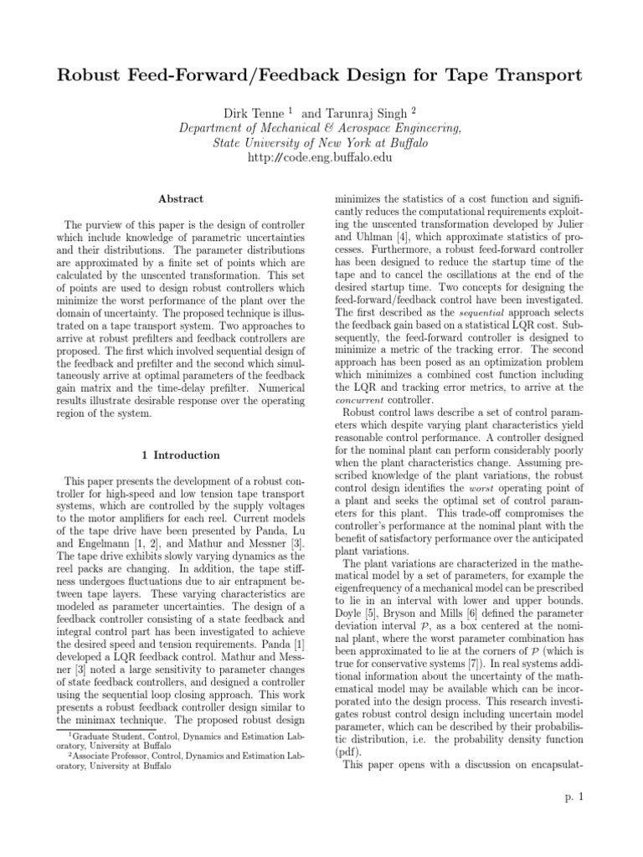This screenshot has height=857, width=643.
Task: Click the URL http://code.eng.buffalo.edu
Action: coord(321,159)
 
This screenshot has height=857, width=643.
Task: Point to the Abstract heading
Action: coord(181,199)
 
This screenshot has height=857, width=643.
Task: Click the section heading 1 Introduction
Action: coord(181,455)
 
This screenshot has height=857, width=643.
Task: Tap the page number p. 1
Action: coord(574,797)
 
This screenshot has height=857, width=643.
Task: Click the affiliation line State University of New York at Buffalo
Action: coord(321,143)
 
